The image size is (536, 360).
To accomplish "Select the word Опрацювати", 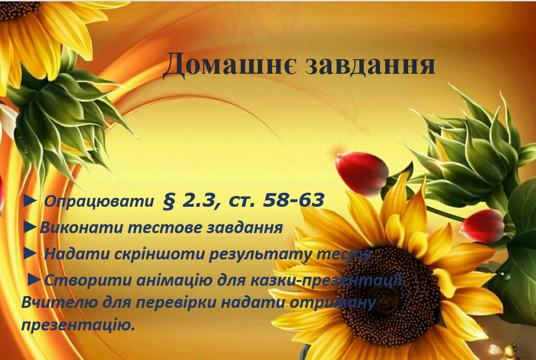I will click(x=99, y=202).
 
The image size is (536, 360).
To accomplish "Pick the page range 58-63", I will click(x=294, y=200).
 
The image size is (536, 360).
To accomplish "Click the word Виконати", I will click(x=80, y=228).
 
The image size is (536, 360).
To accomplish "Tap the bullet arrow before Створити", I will click(x=35, y=280).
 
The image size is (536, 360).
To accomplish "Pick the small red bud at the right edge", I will click(x=483, y=226).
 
